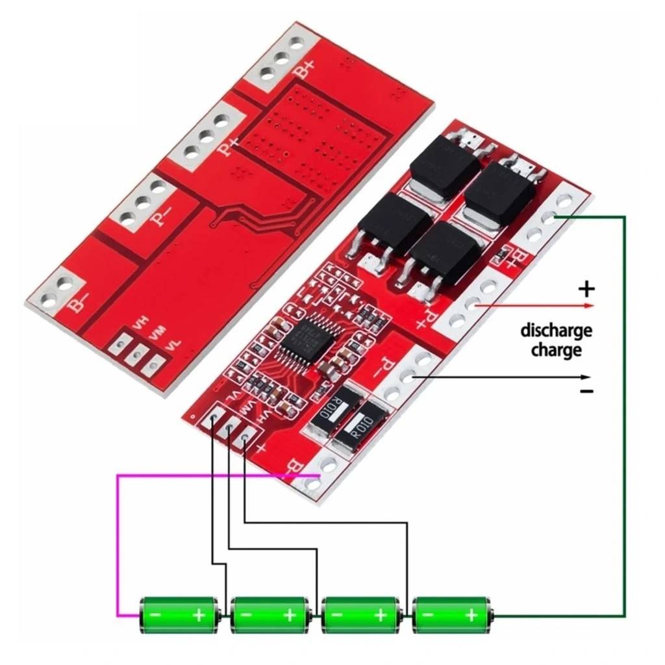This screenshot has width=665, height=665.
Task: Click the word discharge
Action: click(x=556, y=331)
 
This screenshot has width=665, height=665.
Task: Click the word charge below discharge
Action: click(x=556, y=351)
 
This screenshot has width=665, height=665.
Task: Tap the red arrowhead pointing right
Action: click(x=588, y=305)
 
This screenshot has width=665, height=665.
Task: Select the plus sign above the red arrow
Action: click(x=586, y=288)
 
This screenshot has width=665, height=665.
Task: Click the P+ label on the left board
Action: click(x=229, y=145)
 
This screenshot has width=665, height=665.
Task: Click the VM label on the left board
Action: click(x=157, y=333)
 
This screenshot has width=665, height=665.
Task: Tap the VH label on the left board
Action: click(x=140, y=321)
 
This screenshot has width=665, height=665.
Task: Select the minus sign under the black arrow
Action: click(x=586, y=391)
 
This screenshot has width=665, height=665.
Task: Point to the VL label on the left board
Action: click(x=172, y=346)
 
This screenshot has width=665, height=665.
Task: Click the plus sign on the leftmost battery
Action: click(x=199, y=614)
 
